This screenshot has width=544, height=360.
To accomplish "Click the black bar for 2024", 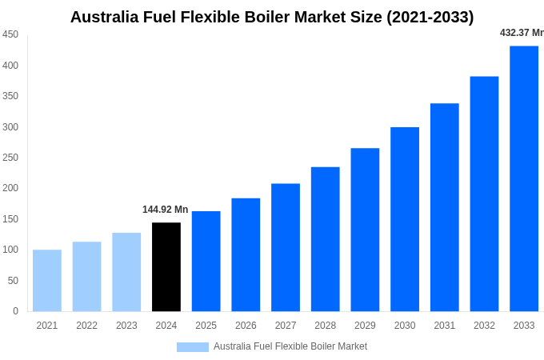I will (166, 266).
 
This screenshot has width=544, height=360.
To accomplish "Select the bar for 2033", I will (524, 178).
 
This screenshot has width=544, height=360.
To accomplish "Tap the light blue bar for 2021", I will (47, 280).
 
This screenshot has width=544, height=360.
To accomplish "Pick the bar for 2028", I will (326, 238).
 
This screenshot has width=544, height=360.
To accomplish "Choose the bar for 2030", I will (405, 218).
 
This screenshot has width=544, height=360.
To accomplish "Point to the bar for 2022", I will (86, 276).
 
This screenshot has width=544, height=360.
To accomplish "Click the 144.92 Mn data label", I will (166, 210).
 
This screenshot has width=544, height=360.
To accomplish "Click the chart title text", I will (272, 17).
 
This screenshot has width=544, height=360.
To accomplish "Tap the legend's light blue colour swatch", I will (192, 346).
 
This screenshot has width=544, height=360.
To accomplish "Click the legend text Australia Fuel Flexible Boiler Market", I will (290, 346).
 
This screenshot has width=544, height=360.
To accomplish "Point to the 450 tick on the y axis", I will (10, 34).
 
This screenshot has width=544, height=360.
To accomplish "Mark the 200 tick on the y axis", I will (10, 188).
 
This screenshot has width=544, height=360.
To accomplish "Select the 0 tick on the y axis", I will (15, 311).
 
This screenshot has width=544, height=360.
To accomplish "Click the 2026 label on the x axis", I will (246, 326).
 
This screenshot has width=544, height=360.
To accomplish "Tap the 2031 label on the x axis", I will (445, 326).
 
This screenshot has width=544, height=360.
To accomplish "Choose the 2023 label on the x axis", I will (126, 326).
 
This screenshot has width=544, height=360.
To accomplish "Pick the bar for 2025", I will (206, 261).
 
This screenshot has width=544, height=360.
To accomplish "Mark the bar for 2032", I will (484, 194).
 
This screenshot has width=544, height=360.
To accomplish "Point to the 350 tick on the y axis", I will (10, 96).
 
